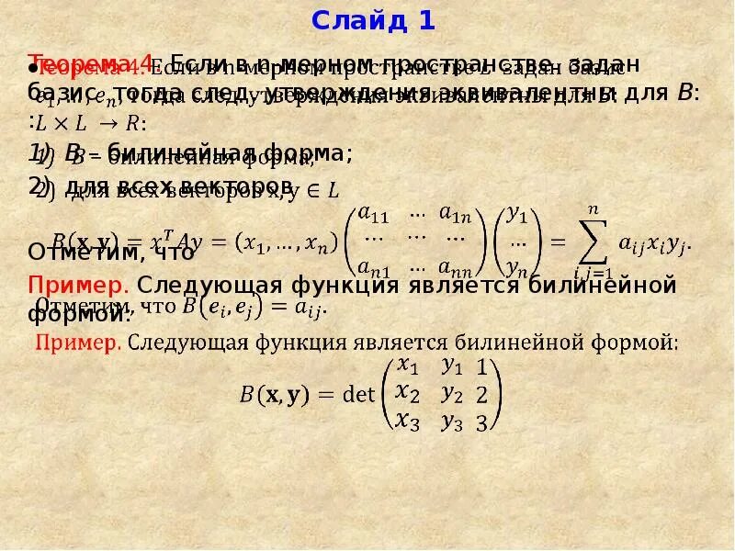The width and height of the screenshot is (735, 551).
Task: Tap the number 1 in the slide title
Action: pos(426,20)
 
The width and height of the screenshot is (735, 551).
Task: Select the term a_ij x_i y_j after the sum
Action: pos(653,244)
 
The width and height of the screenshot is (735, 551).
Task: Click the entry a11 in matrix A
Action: pos(374,214)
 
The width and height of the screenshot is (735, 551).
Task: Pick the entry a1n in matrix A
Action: pos(454,214)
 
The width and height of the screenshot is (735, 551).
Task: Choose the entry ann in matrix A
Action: pos(454,268)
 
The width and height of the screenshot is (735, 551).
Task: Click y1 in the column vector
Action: pos(518,216)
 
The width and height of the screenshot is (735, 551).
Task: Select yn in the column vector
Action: pos(518,268)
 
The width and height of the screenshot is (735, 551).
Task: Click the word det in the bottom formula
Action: pos(359,395)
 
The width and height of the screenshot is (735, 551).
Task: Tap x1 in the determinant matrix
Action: pos(406,366)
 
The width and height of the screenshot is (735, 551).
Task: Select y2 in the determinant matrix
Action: pos(451,394)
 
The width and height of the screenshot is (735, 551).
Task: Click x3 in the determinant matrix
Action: pos(406,422)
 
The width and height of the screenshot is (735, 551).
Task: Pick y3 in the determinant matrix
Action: pos(451,422)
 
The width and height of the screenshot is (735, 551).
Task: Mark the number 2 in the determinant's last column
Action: pos(481,395)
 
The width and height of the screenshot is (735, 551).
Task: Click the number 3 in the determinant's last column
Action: pos(481,422)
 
